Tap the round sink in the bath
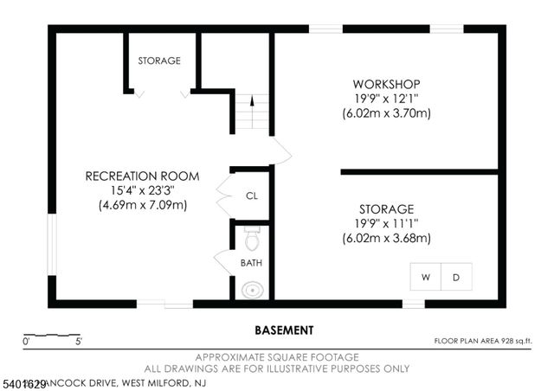(252, 290)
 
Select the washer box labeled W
(426, 278)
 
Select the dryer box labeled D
(456, 278)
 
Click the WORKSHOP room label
(387, 84)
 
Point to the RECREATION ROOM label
(142, 176)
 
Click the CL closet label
(252, 195)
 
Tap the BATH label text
(251, 263)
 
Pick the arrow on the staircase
(252, 102)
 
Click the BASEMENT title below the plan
(284, 330)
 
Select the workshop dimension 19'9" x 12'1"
(387, 99)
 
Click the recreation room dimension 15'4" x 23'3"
(142, 190)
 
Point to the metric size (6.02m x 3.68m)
(387, 238)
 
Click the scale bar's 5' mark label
(78, 343)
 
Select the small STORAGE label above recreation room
(159, 61)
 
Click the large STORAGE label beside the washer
(387, 209)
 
